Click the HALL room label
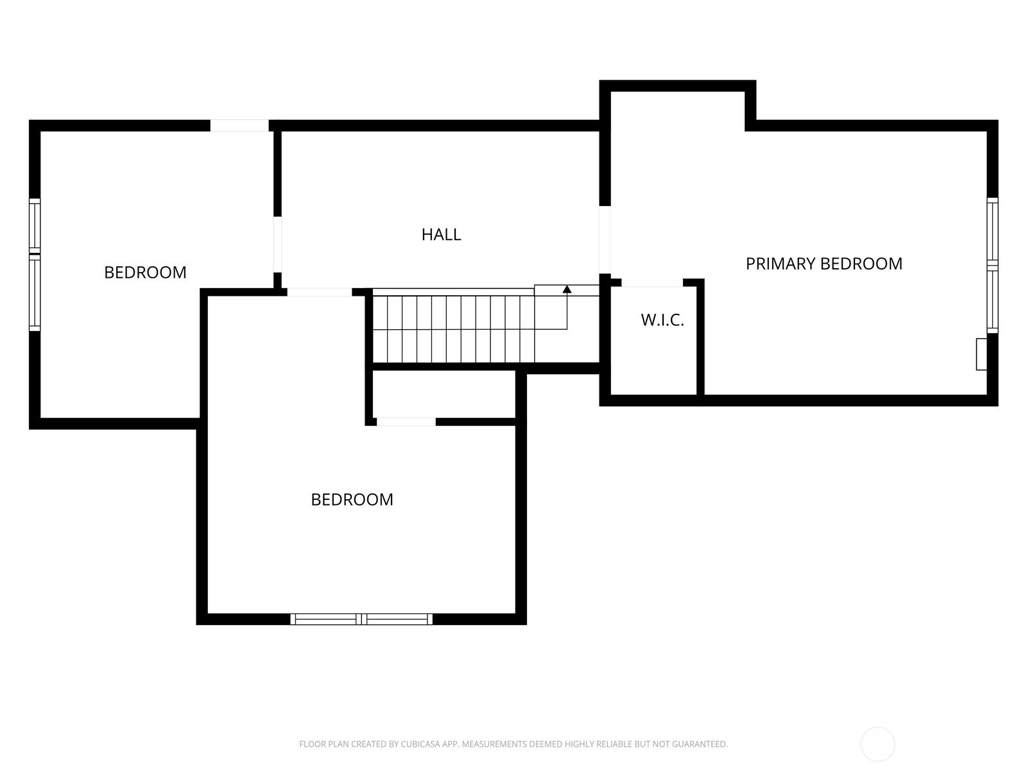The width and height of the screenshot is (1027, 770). [x=441, y=234]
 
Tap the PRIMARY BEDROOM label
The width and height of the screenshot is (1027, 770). [x=824, y=264]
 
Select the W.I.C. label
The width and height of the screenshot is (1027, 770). [x=662, y=320]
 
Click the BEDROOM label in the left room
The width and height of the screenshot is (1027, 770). [x=145, y=272]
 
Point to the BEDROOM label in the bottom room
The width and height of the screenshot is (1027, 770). [x=352, y=499]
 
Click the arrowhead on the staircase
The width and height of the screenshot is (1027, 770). [x=567, y=289]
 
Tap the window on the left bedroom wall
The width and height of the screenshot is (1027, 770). [x=35, y=264]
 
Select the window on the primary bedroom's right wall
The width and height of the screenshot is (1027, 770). [x=992, y=265]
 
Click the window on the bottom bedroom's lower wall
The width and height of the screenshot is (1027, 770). [x=361, y=619]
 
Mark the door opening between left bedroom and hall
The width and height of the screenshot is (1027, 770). [x=277, y=244]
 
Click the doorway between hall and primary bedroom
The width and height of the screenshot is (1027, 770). [x=605, y=240]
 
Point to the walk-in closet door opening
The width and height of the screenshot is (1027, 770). [x=652, y=283]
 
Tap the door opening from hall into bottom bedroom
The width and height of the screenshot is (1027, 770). [x=319, y=292]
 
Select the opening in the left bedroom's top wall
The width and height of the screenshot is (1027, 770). [x=239, y=125]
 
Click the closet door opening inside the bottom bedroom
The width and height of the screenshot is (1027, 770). [x=406, y=422]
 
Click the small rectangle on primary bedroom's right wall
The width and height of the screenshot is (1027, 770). [x=981, y=354]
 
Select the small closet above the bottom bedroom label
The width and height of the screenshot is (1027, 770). [x=444, y=394]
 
